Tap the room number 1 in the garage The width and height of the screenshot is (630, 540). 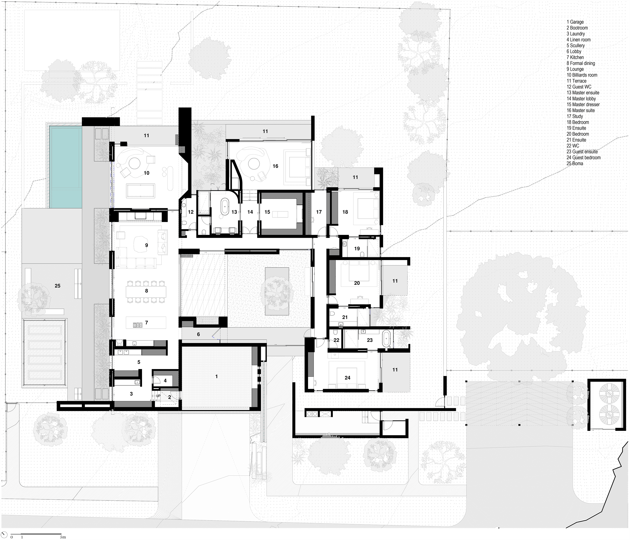click(217, 377)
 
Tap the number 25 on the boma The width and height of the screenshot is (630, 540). click(58, 286)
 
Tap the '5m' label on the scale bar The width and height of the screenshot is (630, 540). click(63, 537)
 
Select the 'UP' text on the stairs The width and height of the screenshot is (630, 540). click(158, 396)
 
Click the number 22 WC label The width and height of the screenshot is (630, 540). click(336, 340)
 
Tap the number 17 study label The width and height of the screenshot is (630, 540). click(319, 212)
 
